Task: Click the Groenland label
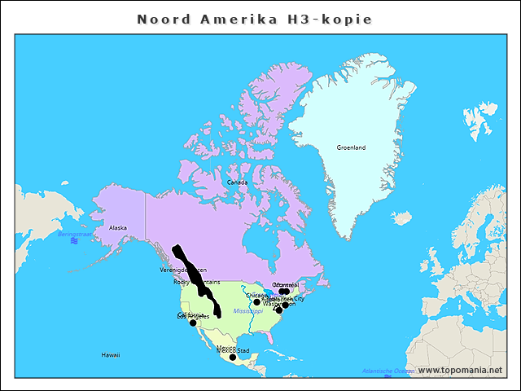pyautogui.click(x=351, y=147)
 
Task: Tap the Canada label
pyautogui.click(x=237, y=182)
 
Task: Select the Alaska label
pyautogui.click(x=118, y=228)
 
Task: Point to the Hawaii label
pyautogui.click(x=111, y=355)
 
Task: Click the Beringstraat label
pyautogui.click(x=74, y=234)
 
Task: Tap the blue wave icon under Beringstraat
pyautogui.click(x=74, y=241)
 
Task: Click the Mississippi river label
pyautogui.click(x=248, y=311)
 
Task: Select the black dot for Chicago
pyautogui.click(x=256, y=302)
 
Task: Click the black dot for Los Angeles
pyautogui.click(x=193, y=323)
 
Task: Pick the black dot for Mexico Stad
pyautogui.click(x=233, y=357)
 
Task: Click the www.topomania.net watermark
pyautogui.click(x=460, y=370)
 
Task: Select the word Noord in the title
pyautogui.click(x=162, y=19)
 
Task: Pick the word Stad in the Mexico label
pyautogui.click(x=243, y=351)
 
